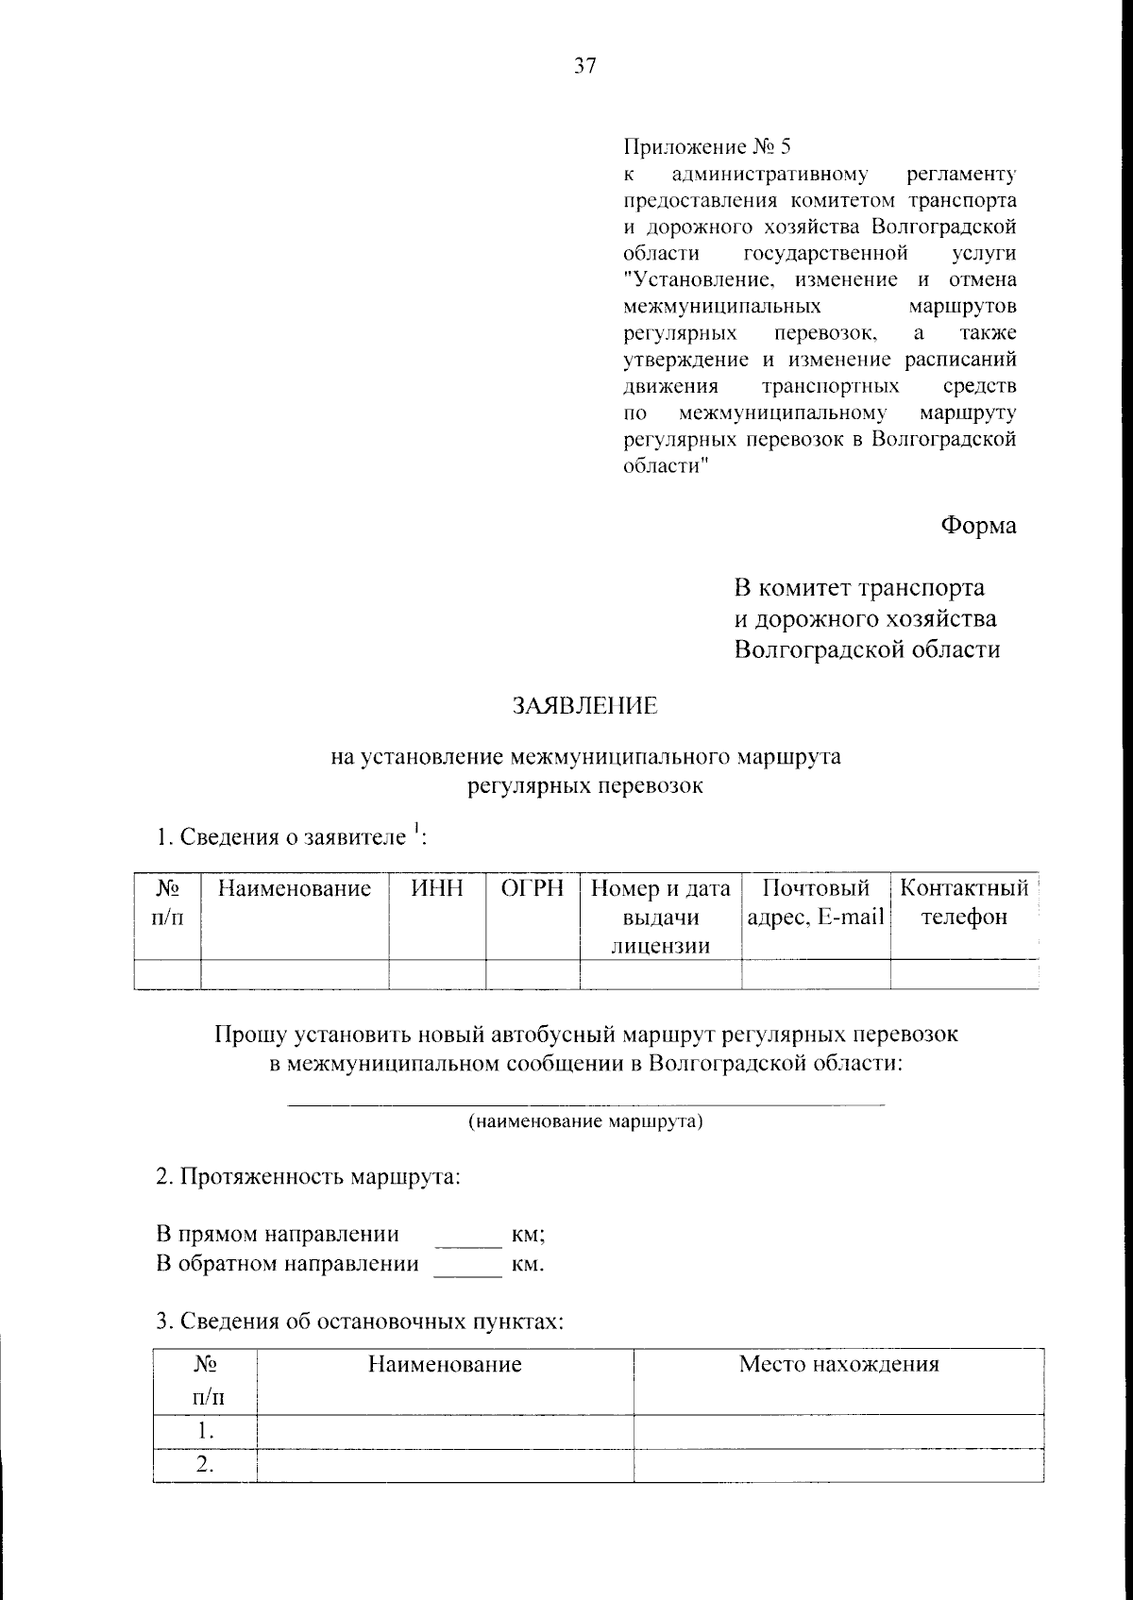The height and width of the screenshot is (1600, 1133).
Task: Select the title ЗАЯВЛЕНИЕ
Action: [584, 706]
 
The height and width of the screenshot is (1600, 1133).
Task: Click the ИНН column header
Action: [437, 888]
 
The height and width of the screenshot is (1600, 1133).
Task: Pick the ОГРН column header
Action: [533, 888]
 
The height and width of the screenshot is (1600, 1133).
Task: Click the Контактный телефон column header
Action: [963, 902]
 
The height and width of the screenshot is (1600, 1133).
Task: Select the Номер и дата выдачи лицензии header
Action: [660, 916]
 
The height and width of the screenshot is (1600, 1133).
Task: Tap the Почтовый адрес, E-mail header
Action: [816, 902]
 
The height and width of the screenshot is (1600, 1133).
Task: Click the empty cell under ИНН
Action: [437, 973]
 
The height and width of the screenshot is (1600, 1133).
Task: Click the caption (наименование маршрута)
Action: [585, 1121]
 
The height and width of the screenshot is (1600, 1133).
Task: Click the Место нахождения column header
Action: [838, 1364]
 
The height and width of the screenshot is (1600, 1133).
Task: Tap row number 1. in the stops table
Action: [204, 1431]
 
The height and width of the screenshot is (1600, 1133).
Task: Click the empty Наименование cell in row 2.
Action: [445, 1465]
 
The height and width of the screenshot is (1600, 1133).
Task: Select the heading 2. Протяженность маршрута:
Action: [308, 1178]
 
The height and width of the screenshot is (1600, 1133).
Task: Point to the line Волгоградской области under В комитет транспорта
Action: [867, 649]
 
